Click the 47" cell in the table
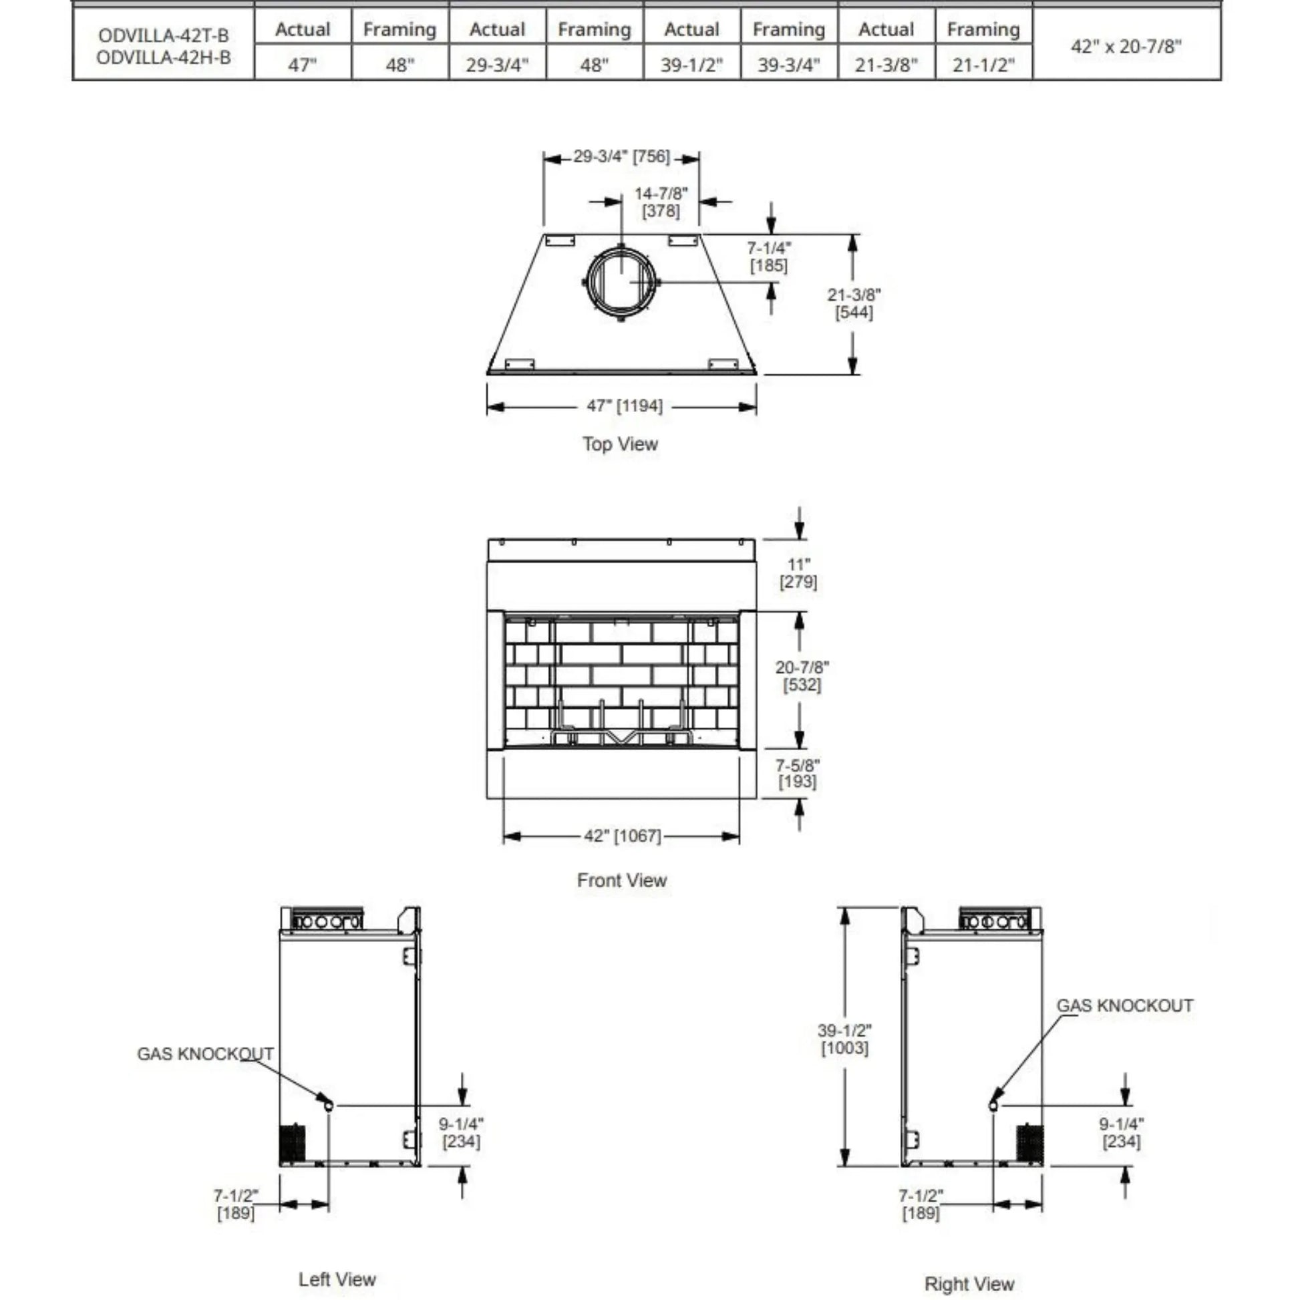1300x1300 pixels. [x=303, y=65]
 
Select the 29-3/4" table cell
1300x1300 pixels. [x=497, y=65]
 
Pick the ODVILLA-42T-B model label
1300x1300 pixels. [x=164, y=35]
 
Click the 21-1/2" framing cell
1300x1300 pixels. [x=983, y=65]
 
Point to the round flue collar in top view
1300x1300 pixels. [x=621, y=281]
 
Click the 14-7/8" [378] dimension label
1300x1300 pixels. [x=661, y=202]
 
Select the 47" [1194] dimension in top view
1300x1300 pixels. [x=625, y=405]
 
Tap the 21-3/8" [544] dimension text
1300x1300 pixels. [x=854, y=303]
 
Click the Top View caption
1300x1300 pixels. [x=620, y=444]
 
